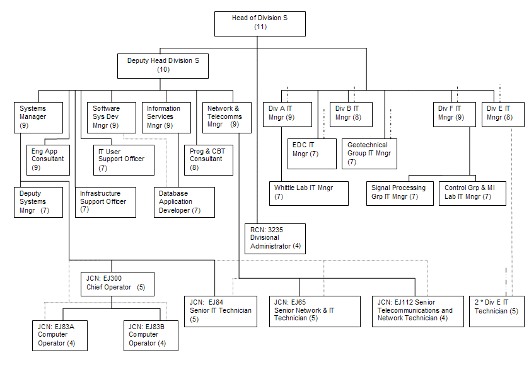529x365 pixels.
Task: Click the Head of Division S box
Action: (260, 23)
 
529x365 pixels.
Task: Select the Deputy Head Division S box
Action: (163, 65)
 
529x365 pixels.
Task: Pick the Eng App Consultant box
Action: (49, 159)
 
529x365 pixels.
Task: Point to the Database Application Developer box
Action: (185, 202)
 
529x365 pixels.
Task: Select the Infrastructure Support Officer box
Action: (105, 202)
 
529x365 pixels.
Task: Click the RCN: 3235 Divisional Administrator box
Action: (276, 238)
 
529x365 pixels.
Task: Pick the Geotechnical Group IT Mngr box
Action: (369, 154)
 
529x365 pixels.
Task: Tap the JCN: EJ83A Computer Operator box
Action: (59, 335)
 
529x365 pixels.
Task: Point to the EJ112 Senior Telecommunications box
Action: (416, 310)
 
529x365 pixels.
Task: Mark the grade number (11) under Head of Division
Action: (260, 27)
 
